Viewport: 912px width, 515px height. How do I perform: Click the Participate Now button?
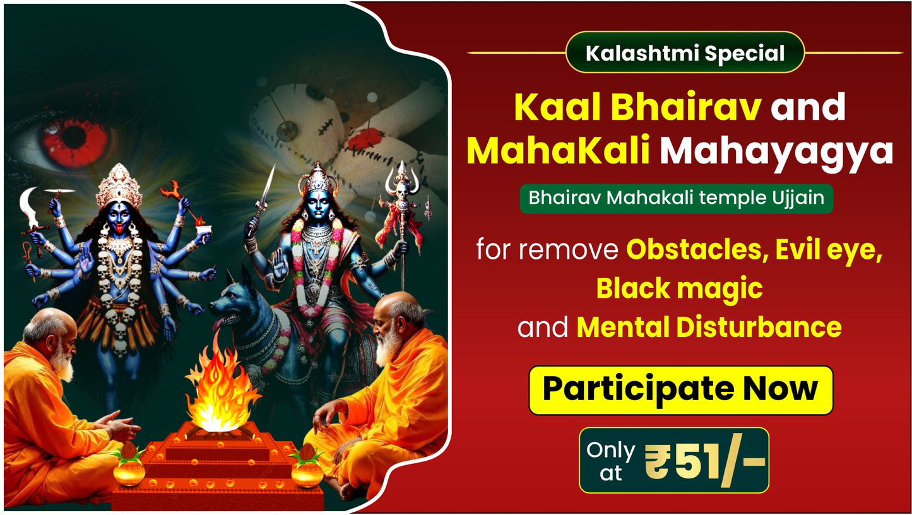click(680, 390)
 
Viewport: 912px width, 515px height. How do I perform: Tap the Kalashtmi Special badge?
click(685, 53)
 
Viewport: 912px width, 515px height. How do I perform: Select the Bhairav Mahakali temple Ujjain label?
click(676, 198)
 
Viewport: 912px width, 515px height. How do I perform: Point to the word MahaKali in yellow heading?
click(559, 152)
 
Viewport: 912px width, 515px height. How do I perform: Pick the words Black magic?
click(679, 289)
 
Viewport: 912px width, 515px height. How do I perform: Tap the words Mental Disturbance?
click(709, 327)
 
